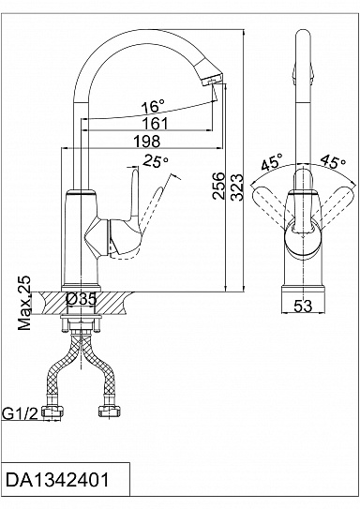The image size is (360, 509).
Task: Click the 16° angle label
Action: [x=153, y=106]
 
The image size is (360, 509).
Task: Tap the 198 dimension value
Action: [x=147, y=142]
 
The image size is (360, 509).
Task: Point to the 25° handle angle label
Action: [x=157, y=160]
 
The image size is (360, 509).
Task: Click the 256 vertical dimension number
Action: [x=218, y=186]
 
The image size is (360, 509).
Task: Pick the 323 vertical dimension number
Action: [x=236, y=187]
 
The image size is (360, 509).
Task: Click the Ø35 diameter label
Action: [x=82, y=299]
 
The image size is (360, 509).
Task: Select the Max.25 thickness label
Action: [x=24, y=303]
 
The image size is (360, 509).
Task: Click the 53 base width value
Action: [x=303, y=306]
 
